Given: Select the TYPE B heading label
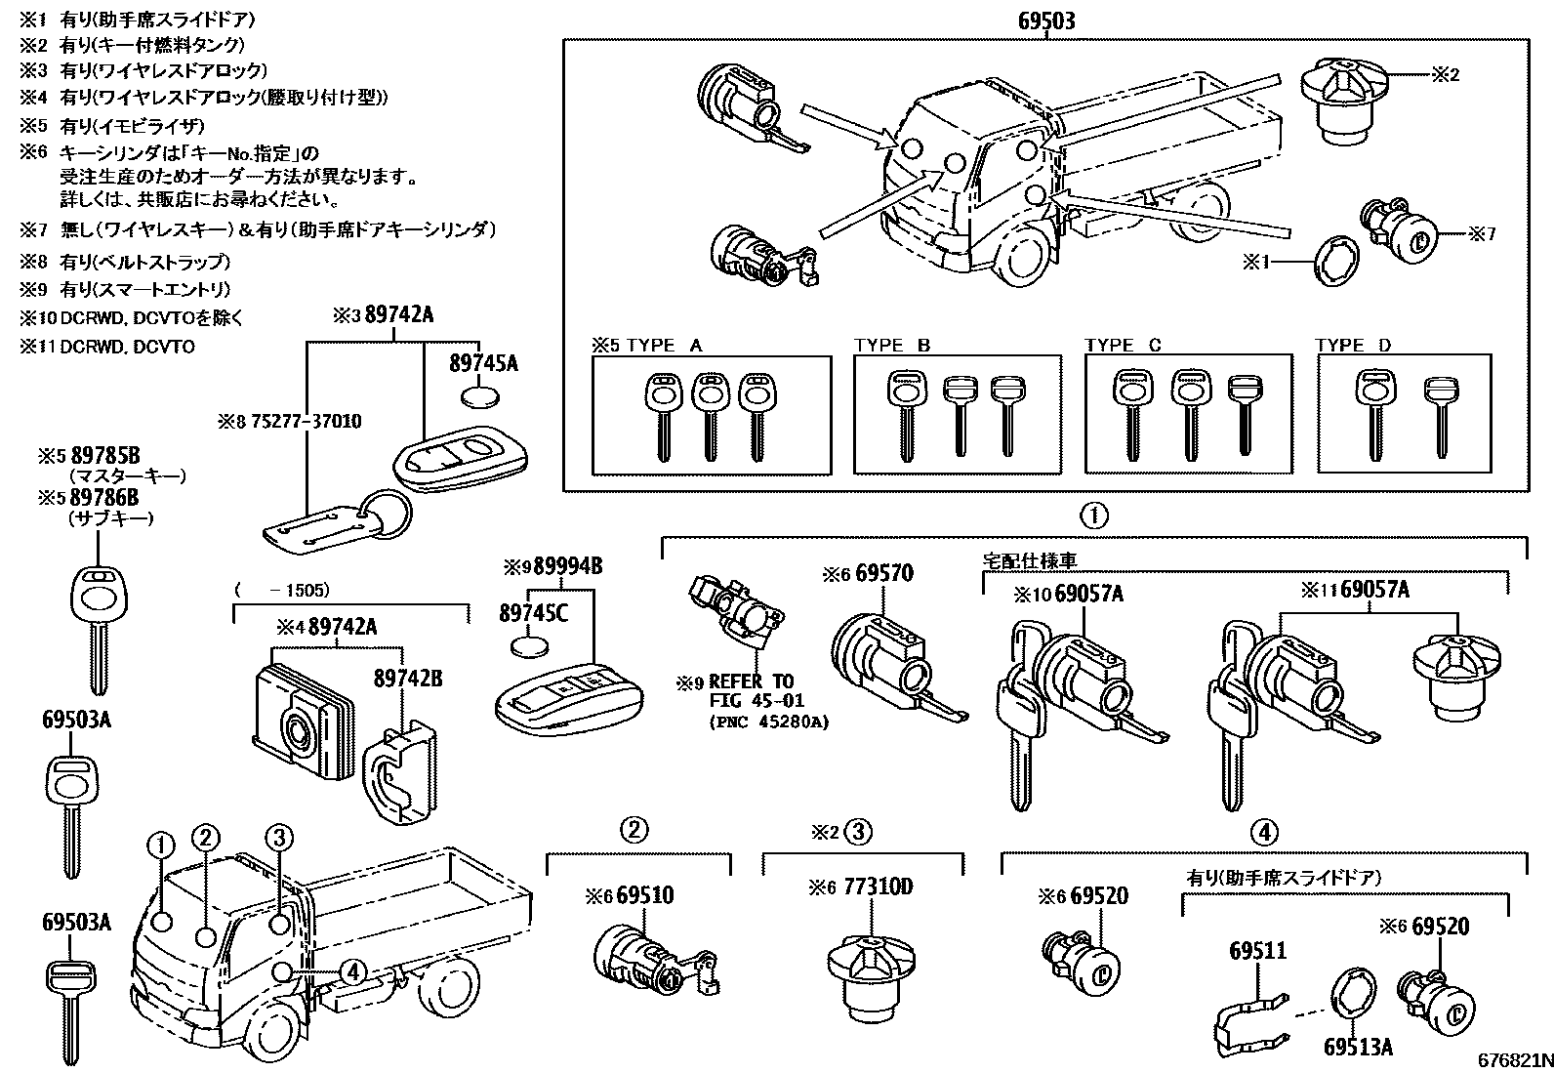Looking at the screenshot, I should [892, 345].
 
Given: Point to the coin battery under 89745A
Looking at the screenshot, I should [480, 397].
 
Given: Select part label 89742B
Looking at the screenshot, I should [408, 678].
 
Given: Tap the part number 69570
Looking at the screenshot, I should [884, 573].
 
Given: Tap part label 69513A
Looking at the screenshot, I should [1358, 1047].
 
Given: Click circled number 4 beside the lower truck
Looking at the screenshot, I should [352, 971].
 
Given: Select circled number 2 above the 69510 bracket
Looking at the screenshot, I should [633, 831].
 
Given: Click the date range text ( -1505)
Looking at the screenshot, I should [282, 590].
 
